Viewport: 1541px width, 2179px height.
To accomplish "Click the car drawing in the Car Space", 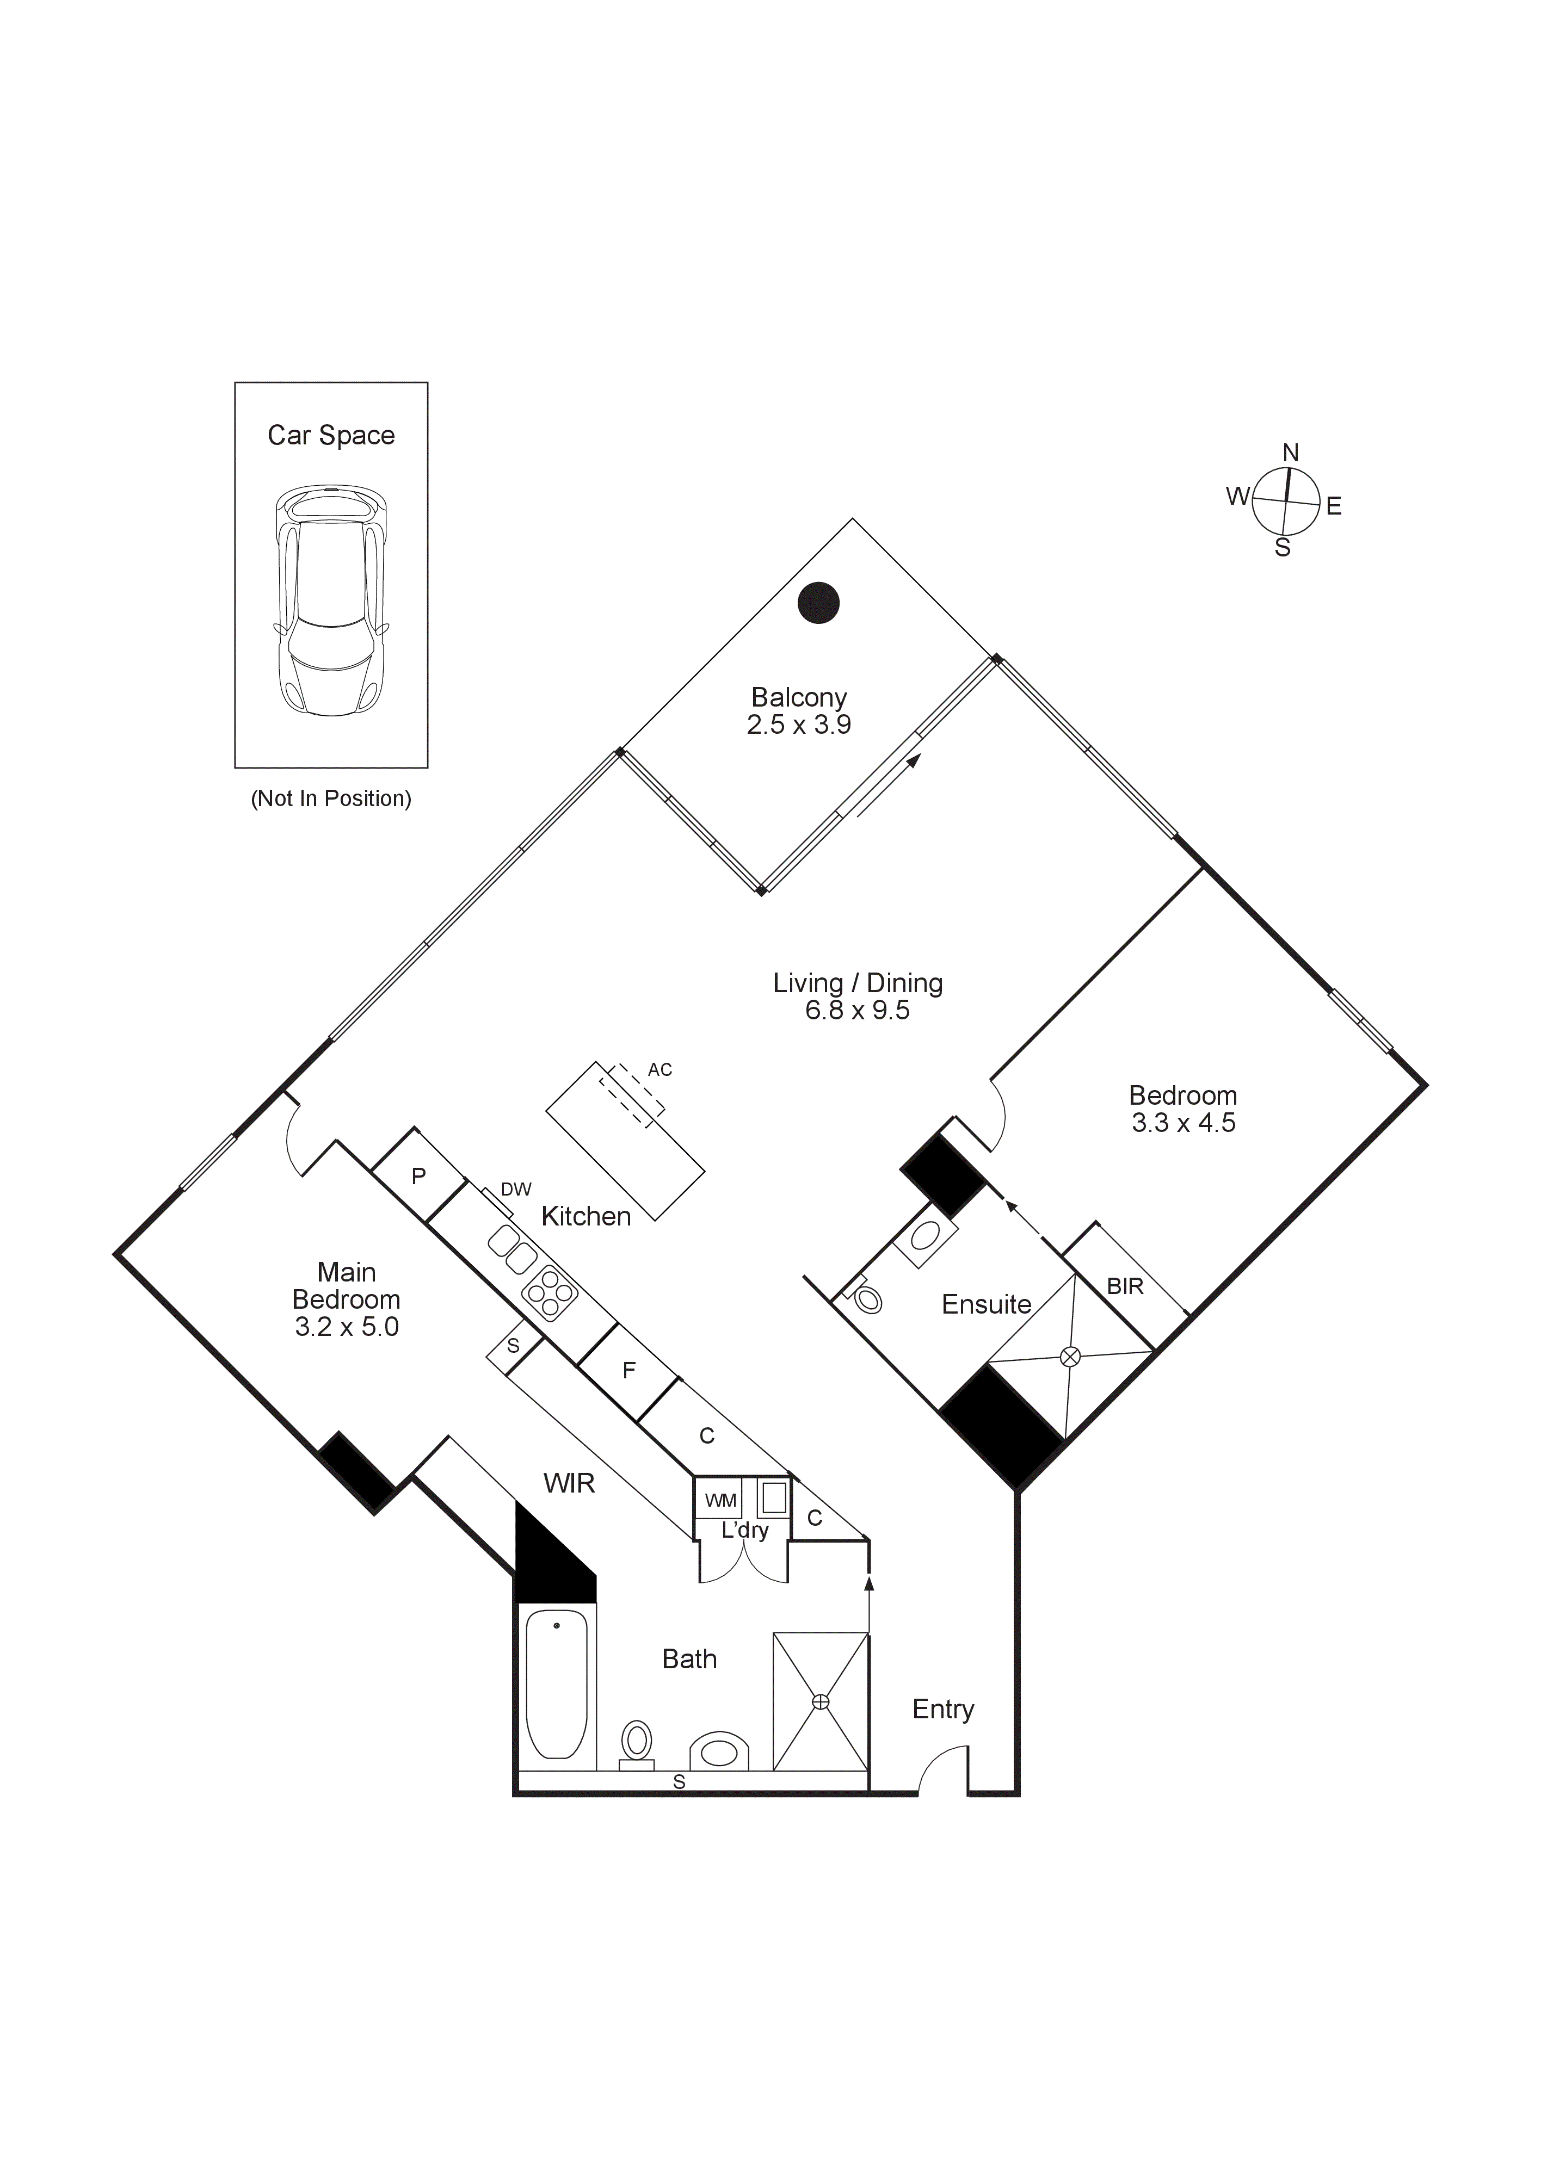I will click(x=330, y=602).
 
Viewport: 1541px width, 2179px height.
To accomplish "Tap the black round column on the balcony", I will click(x=818, y=603).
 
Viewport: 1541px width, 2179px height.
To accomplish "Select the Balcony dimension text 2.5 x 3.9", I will click(x=798, y=725).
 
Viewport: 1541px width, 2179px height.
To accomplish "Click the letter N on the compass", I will click(x=1290, y=453).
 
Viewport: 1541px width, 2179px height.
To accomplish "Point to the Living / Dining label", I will click(x=858, y=983).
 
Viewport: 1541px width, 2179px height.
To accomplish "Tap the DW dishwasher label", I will click(x=515, y=1189).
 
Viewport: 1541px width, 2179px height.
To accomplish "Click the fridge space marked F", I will click(x=628, y=1370).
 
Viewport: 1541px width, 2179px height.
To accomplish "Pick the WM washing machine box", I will click(x=720, y=1500).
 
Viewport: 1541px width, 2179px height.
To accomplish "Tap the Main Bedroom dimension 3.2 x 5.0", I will click(x=347, y=1327).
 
